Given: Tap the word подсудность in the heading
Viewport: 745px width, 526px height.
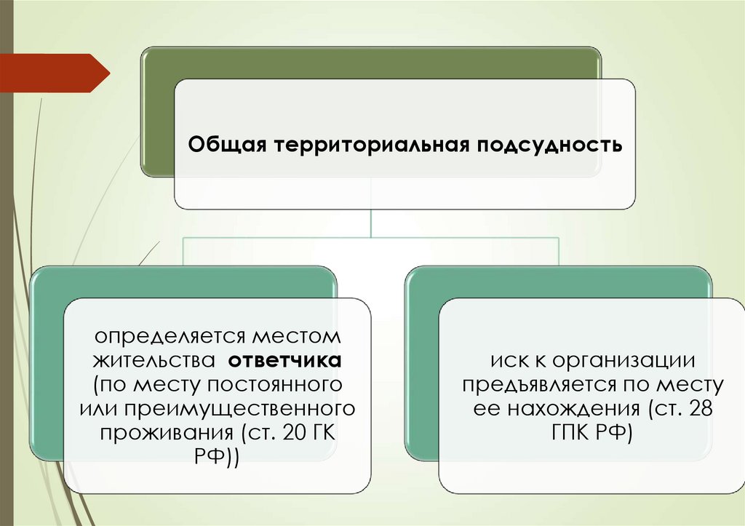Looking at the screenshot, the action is coord(549,145).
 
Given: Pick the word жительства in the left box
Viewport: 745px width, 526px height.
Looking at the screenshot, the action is coord(151,360).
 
